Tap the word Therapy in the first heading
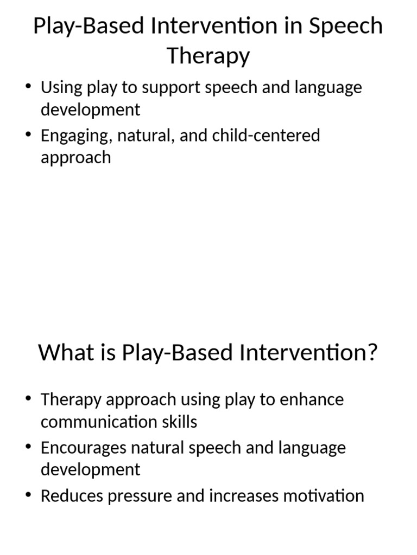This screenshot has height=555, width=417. point(208,56)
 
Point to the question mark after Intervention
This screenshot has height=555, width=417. point(371,353)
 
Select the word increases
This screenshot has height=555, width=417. point(244,496)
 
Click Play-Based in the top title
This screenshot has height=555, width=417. point(81,26)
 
